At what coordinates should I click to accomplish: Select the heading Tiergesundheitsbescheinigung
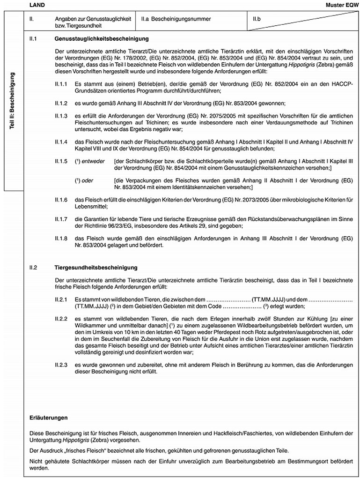(x=96, y=268)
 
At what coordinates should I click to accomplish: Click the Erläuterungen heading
(x=47, y=417)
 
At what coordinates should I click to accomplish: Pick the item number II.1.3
(x=61, y=114)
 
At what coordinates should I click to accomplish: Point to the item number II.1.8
(x=61, y=239)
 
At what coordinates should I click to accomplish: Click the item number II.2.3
(x=61, y=363)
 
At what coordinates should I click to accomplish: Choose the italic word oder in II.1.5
(x=88, y=180)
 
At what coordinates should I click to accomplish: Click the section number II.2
(x=33, y=268)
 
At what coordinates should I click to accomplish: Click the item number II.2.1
(x=61, y=299)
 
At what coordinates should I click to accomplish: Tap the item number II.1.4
(x=61, y=141)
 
